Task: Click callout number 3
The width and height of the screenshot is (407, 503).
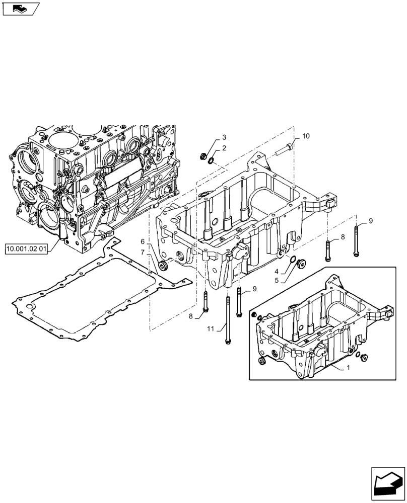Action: pos(224,137)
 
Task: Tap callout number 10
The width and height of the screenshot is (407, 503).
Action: pos(306,137)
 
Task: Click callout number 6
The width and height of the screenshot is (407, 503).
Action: pos(143,241)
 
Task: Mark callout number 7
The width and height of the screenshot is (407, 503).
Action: pos(143,251)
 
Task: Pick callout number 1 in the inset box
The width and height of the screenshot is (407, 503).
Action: pos(348,368)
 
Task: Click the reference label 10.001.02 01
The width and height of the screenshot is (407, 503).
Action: pos(26,248)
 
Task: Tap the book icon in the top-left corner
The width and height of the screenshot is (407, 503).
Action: pos(21,9)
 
